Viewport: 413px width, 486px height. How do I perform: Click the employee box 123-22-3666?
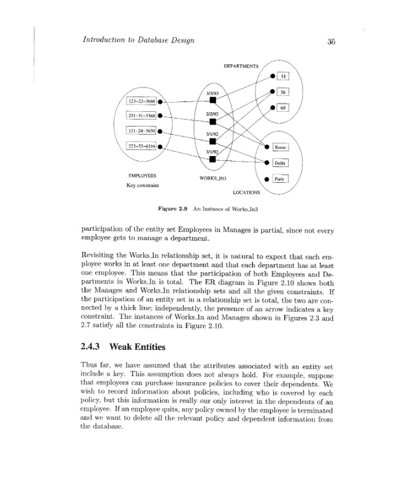click(x=141, y=100)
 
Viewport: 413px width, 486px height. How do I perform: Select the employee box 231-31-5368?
click(x=141, y=115)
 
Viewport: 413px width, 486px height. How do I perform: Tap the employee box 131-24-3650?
click(x=141, y=130)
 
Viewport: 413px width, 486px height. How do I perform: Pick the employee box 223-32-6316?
click(x=141, y=146)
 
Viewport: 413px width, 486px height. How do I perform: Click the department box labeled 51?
click(x=283, y=76)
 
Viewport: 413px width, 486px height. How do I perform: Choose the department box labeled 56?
click(x=283, y=92)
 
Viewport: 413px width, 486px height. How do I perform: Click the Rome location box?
click(x=280, y=147)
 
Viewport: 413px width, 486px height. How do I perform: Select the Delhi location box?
click(x=280, y=163)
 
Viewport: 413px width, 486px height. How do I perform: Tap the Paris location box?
click(x=279, y=179)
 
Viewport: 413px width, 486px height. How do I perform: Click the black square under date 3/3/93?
click(x=213, y=101)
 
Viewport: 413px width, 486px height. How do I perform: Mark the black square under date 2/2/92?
click(x=213, y=122)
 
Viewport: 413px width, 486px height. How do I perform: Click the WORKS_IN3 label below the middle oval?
click(x=213, y=178)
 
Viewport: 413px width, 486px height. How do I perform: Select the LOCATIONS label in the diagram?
click(x=246, y=193)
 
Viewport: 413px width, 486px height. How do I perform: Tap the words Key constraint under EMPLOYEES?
click(x=143, y=185)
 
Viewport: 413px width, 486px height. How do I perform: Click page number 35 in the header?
click(x=331, y=41)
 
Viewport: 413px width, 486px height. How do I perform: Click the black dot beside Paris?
click(x=266, y=179)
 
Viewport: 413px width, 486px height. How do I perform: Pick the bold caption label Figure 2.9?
click(x=172, y=208)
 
